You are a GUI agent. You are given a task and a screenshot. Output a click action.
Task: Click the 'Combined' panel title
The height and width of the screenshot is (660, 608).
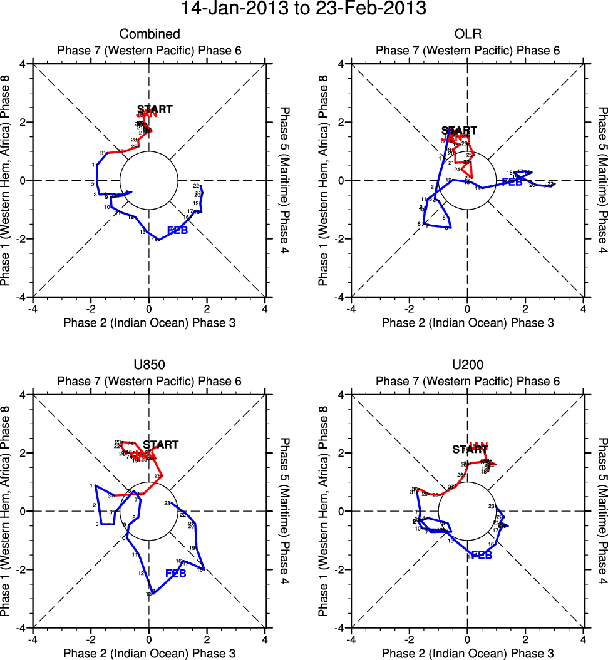pos(150,34)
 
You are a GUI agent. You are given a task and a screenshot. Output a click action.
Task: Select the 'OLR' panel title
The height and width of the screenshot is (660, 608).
pos(467,34)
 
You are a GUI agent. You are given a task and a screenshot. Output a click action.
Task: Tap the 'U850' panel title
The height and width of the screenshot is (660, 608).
pos(149,365)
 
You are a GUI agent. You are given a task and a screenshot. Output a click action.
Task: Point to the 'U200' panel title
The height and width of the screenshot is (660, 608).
pos(467,365)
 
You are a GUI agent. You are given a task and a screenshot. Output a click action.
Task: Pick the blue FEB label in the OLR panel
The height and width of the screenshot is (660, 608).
pos(512,182)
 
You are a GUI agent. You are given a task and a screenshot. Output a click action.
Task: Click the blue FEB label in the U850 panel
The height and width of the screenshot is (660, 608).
pos(176,573)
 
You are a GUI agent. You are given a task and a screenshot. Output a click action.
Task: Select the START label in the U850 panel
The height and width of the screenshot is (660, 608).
pos(161,445)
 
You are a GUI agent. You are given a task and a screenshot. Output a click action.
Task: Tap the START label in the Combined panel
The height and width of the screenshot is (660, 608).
pos(155,109)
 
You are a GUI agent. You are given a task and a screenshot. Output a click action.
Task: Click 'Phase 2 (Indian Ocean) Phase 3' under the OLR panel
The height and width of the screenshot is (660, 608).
pos(467,323)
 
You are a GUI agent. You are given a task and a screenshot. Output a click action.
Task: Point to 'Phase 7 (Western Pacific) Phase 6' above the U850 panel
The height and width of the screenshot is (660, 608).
pos(149,381)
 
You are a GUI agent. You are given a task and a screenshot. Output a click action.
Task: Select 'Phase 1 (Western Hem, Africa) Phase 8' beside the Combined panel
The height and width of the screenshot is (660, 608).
pos(8,180)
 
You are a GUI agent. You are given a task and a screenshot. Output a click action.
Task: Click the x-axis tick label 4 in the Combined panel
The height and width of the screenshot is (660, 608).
pos(265,308)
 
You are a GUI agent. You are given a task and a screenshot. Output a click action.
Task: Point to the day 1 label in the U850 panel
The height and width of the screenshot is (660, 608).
pos(91,485)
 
